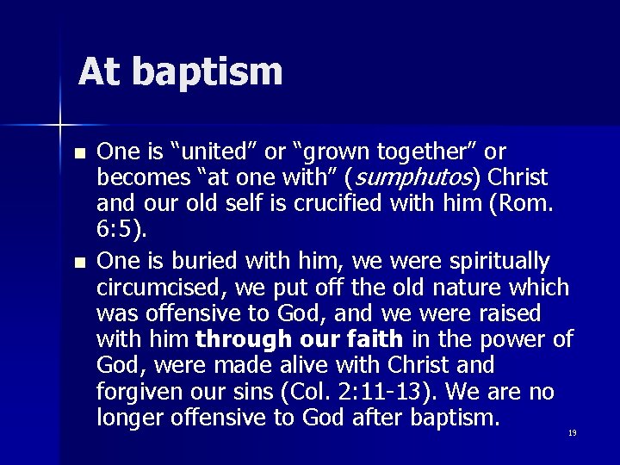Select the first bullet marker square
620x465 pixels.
click(80, 154)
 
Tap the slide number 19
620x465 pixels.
click(572, 432)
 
